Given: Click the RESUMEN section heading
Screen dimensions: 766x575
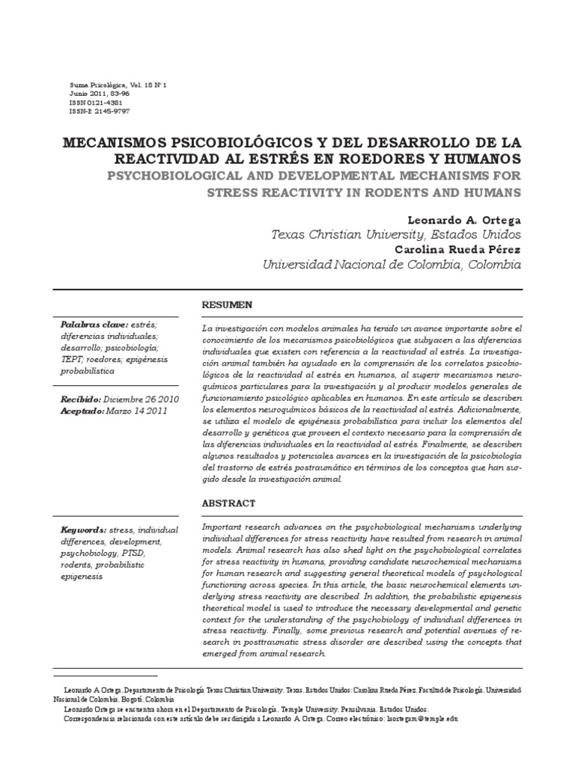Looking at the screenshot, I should click(x=228, y=304).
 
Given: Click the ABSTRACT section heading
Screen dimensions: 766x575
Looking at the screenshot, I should click(x=229, y=504).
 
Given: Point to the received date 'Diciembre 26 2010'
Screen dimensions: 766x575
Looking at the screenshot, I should click(x=141, y=400).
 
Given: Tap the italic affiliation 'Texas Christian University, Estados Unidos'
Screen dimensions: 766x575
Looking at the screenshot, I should click(x=395, y=235).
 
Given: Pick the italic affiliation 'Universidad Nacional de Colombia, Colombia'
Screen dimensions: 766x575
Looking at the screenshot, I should click(x=389, y=265).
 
